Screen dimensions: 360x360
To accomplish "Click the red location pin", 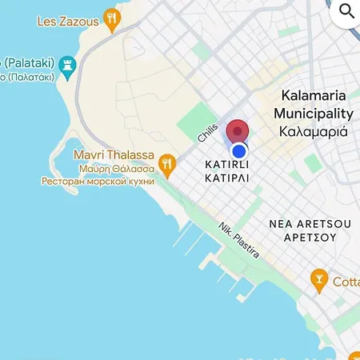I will coord(238,132).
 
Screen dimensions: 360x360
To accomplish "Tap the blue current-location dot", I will coord(238,150).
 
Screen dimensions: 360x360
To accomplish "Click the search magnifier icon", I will coord(347,10).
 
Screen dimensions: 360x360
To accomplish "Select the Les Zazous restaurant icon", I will coord(112,18).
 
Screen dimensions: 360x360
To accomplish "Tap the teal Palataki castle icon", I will coord(66,63).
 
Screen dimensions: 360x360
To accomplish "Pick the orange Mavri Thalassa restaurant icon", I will coord(166,166).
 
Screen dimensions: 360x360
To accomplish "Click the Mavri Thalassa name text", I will coord(114,154).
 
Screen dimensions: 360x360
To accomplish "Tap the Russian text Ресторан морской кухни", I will coord(98,181).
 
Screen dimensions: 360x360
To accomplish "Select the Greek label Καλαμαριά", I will coord(313,131).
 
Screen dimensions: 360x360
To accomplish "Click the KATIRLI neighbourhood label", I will coord(226,164).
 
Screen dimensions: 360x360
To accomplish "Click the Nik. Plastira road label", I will coord(239,239).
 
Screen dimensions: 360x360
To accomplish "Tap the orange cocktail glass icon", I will coord(319,281).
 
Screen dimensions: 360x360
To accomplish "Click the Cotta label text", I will coord(346,282).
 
